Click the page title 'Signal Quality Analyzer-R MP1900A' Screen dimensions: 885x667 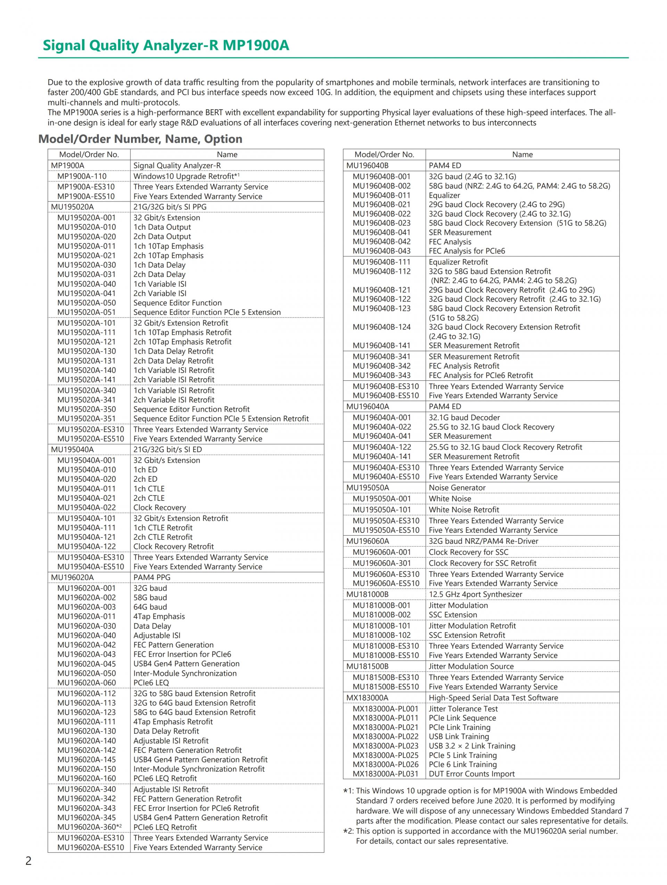coord(166,45)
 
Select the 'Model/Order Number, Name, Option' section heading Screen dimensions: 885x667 coord(140,139)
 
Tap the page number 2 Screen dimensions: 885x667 coord(28,861)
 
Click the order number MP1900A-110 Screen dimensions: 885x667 coord(82,176)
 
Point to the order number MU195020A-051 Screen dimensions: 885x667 coord(87,312)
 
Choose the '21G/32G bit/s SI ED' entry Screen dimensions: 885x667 coord(167,449)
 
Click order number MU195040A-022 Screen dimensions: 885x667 coord(87,507)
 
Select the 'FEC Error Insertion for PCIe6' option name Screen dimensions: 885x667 coord(182,654)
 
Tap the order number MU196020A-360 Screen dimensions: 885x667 coord(87,827)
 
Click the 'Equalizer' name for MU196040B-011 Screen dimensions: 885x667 coord(444,195)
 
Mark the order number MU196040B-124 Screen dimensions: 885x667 coord(381,327)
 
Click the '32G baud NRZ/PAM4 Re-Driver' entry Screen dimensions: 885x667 coord(483,541)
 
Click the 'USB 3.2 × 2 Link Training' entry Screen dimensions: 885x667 coord(472,746)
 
